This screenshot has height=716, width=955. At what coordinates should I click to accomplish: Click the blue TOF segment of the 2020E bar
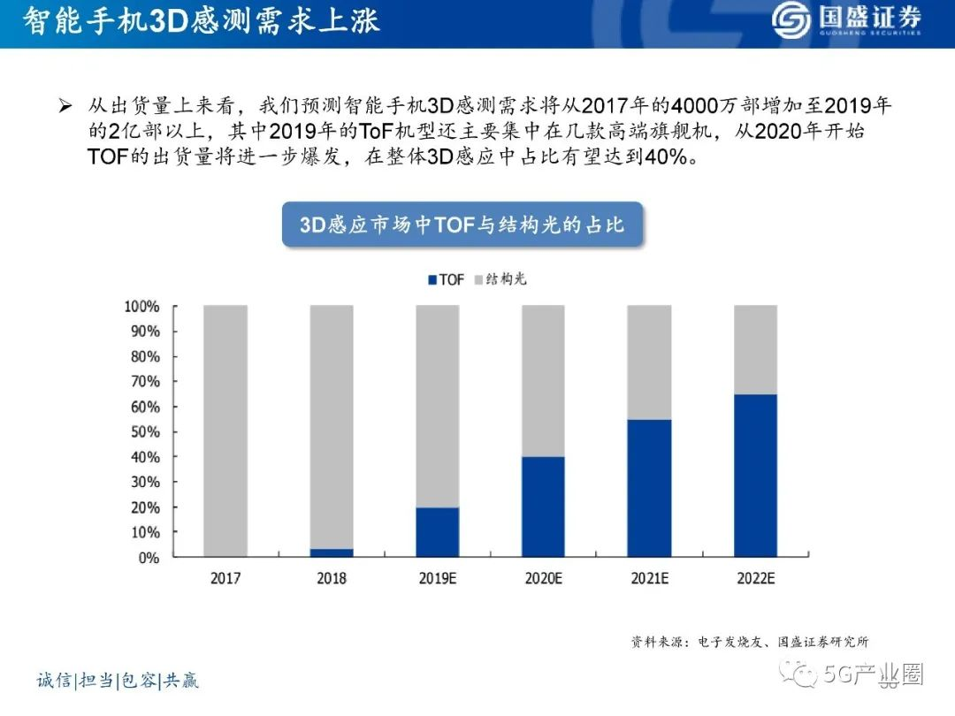click(543, 507)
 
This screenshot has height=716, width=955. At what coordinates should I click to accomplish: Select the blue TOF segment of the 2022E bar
click(755, 476)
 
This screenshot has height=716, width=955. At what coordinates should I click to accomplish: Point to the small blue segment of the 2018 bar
click(332, 552)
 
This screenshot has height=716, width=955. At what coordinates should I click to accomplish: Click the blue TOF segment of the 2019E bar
click(438, 532)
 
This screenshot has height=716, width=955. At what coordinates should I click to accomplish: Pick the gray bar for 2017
click(225, 431)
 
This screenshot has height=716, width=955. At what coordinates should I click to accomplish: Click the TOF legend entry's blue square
click(432, 279)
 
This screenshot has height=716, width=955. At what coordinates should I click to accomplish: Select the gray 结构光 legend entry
click(504, 279)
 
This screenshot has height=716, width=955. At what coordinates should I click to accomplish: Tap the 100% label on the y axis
click(141, 307)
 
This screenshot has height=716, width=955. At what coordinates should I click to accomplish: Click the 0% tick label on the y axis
click(149, 558)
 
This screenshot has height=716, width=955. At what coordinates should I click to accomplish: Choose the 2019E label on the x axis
click(438, 579)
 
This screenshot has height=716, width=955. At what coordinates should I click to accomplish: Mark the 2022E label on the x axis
click(755, 579)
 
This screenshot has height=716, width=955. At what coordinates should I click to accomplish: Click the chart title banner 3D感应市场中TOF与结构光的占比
click(462, 225)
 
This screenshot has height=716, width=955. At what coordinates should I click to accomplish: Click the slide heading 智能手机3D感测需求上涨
click(202, 21)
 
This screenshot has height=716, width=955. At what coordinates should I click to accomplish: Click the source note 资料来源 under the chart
click(755, 642)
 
